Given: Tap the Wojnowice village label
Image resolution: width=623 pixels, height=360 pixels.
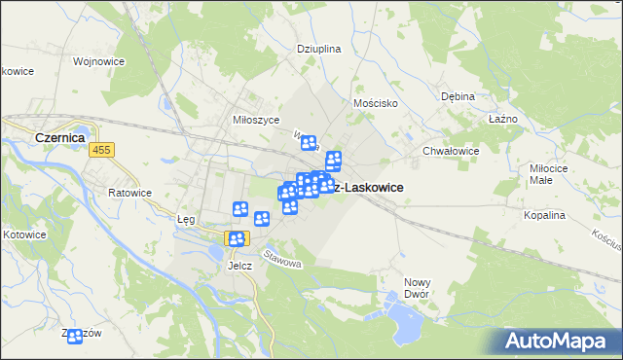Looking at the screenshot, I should pos(94,60).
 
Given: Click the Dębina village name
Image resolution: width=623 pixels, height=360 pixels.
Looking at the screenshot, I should pos(458,96).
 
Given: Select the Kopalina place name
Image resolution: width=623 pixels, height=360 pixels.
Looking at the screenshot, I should pos(544,215).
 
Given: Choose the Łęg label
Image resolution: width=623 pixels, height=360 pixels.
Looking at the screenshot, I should pos(186,219).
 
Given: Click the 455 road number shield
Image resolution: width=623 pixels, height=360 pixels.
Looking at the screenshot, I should pos(102,150).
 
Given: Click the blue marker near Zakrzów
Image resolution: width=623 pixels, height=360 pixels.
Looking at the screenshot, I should pos(75,336).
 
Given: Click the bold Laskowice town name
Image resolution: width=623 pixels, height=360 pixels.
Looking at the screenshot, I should pos(368,187).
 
